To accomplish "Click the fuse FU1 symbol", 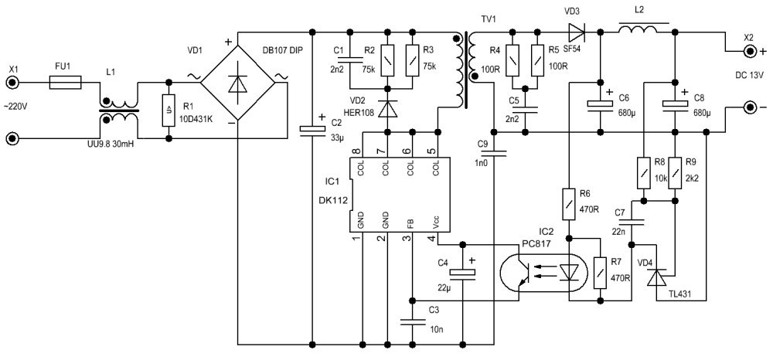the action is click(x=66, y=83).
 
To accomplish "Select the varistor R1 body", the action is click(x=169, y=110).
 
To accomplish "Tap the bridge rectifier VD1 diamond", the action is click(x=237, y=83).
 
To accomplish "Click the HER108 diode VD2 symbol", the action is click(x=387, y=110).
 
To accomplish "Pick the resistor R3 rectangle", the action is click(x=412, y=59).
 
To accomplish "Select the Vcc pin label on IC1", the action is click(x=436, y=223).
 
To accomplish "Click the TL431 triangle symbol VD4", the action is click(x=656, y=277).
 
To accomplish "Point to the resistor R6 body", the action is click(x=570, y=203).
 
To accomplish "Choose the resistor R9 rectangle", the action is click(x=675, y=173).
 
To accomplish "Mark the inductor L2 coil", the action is click(x=638, y=29).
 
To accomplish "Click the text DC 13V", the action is click(x=749, y=75).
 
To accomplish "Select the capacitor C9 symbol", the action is click(x=493, y=154).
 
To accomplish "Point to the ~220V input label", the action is click(x=15, y=107).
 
